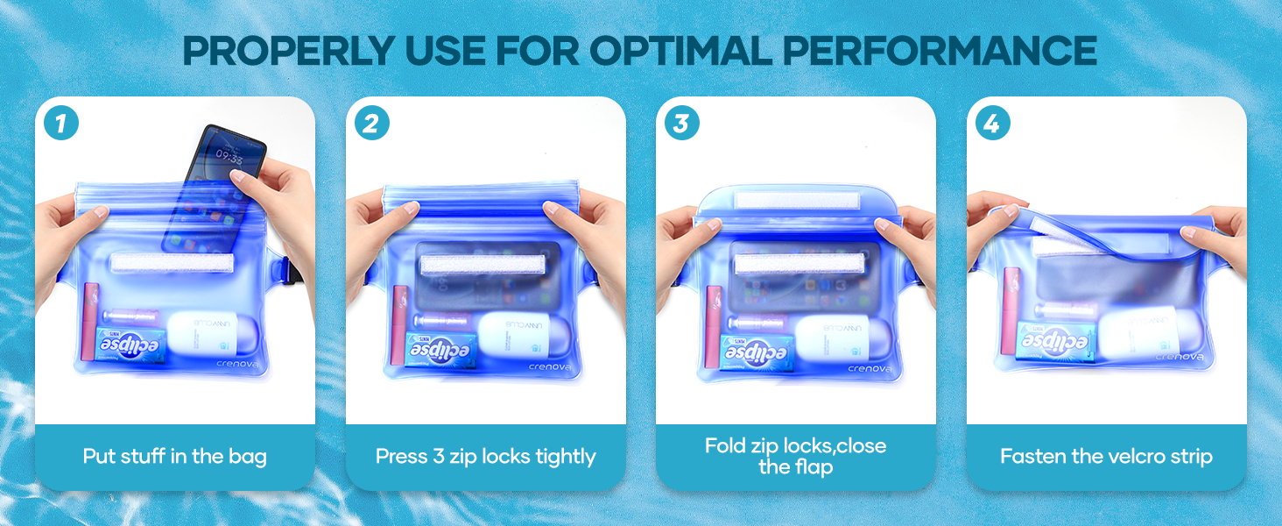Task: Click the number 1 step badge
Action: (x=61, y=124)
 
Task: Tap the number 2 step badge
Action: (x=372, y=124)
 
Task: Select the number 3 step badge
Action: (x=682, y=124)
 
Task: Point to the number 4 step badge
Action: (x=992, y=124)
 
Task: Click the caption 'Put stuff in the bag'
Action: (x=174, y=456)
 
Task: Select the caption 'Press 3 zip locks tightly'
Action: (x=485, y=456)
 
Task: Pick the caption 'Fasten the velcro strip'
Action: (x=1106, y=456)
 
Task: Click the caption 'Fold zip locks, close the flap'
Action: (x=795, y=456)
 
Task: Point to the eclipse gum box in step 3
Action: (x=757, y=352)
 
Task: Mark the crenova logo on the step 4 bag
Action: (x=1179, y=357)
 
